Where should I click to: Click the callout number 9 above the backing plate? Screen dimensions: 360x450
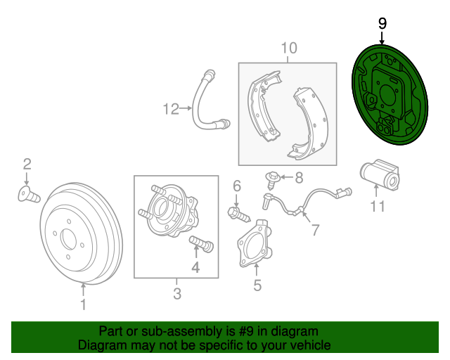click(x=382, y=23)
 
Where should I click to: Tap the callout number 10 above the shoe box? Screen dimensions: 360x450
click(x=289, y=48)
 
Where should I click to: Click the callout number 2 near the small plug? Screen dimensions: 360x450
click(x=27, y=165)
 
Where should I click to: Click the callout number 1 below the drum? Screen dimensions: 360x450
click(x=83, y=304)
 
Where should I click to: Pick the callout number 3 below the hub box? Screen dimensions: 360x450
click(x=176, y=292)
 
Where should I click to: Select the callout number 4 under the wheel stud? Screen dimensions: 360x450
click(x=195, y=267)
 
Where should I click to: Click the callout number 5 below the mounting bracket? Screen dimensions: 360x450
click(x=257, y=285)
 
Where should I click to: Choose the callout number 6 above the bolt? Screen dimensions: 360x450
click(x=237, y=186)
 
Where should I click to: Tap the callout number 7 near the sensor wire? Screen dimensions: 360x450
click(x=314, y=229)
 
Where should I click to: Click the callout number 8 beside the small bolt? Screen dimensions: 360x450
click(x=298, y=177)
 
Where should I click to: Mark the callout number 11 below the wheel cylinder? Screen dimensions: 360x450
click(x=378, y=206)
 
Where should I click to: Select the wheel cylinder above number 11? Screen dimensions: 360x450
click(x=379, y=176)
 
